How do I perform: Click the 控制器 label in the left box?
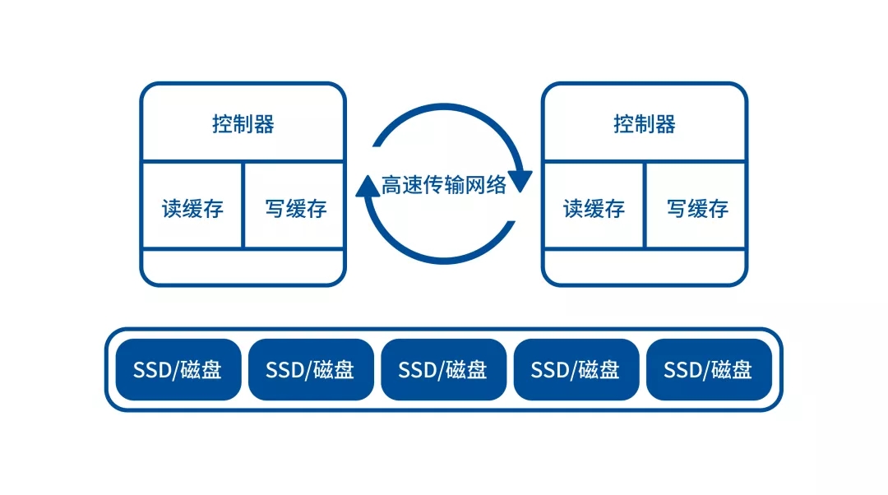pyautogui.click(x=243, y=124)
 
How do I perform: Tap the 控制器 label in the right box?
pyautogui.click(x=644, y=124)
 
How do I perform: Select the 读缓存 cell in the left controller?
pyautogui.click(x=192, y=208)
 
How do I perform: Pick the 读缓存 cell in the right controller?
pyautogui.click(x=594, y=208)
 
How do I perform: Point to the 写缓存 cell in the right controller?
pyautogui.click(x=697, y=208)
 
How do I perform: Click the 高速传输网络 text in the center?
pyautogui.click(x=444, y=185)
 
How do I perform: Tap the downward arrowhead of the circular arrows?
pyautogui.click(x=520, y=178)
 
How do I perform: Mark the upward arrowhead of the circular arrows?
pyautogui.click(x=367, y=189)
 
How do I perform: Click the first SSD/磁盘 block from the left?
pyautogui.click(x=178, y=370)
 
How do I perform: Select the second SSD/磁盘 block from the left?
pyautogui.click(x=310, y=370)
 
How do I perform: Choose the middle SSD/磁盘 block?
pyautogui.click(x=443, y=370)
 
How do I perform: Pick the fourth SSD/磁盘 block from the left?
pyautogui.click(x=576, y=370)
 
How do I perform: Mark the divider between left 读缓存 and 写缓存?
pyautogui.click(x=243, y=206)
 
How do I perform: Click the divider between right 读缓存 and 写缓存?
pyautogui.click(x=645, y=206)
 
